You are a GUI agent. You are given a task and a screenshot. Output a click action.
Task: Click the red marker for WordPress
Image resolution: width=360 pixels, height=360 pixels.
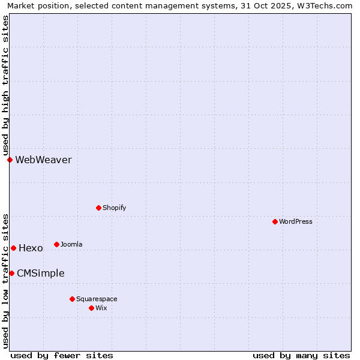point(275,221)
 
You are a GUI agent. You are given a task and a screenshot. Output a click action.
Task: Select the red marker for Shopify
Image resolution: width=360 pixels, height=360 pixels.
point(98,208)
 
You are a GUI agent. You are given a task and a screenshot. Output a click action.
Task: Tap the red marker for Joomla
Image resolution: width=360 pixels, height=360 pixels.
point(56,244)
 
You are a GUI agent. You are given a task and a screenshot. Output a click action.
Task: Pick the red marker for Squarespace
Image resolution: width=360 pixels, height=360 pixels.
point(72,299)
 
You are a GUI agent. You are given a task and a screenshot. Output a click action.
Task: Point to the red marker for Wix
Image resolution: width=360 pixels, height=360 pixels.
point(91,308)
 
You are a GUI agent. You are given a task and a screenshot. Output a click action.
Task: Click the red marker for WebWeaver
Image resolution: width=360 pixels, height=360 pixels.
point(10,160)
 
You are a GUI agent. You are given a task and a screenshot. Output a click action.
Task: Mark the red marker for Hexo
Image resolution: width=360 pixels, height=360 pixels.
point(13,248)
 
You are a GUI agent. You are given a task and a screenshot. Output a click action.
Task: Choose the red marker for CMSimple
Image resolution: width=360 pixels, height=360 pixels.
point(11,273)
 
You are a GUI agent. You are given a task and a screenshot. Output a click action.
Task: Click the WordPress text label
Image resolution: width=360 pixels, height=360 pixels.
point(296,221)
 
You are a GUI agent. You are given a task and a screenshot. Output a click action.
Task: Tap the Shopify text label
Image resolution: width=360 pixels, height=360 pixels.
point(115,208)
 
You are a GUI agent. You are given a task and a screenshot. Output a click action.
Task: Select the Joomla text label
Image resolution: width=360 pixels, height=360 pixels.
point(71,244)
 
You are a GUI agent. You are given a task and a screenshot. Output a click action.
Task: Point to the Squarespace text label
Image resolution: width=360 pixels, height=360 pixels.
point(97,299)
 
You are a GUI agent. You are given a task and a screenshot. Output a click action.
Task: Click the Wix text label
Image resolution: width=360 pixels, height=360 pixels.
point(101,308)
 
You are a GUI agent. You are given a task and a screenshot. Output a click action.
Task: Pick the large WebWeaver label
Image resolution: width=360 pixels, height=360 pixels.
point(43,160)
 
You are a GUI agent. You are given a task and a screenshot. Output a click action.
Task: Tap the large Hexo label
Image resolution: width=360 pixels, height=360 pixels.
point(31,248)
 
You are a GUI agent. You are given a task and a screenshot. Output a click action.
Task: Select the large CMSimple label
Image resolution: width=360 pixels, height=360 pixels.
point(40,273)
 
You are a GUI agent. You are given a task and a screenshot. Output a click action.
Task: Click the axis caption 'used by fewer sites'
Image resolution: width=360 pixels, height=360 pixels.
point(62,355)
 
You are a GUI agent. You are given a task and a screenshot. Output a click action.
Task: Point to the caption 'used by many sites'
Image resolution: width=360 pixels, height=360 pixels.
point(301,355)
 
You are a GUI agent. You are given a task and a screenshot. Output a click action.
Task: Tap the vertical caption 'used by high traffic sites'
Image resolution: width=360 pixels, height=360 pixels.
point(6,86)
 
